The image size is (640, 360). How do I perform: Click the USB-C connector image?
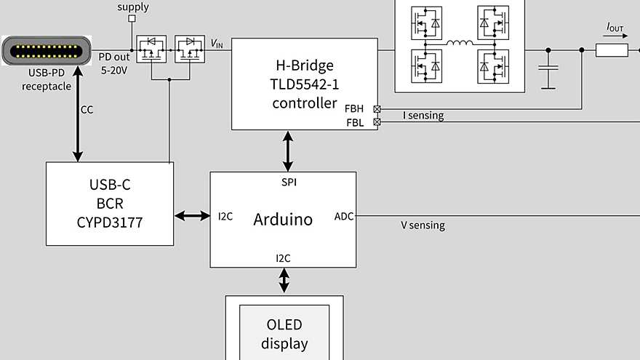click(x=47, y=53)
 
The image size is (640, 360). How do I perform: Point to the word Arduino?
click(x=283, y=219)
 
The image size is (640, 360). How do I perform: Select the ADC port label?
click(x=343, y=216)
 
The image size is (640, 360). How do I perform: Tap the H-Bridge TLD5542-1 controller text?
click(x=304, y=84)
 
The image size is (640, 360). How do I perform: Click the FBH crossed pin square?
click(x=377, y=108)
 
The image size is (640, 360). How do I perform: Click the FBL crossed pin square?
click(x=377, y=122)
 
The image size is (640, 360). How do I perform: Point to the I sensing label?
click(x=423, y=115)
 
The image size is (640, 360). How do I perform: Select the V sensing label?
click(x=423, y=225)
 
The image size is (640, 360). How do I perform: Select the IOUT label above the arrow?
click(x=615, y=27)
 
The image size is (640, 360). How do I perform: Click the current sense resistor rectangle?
click(x=612, y=50)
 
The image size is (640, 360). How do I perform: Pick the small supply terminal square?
click(x=132, y=19)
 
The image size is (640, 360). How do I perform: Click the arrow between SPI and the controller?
click(x=289, y=151)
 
